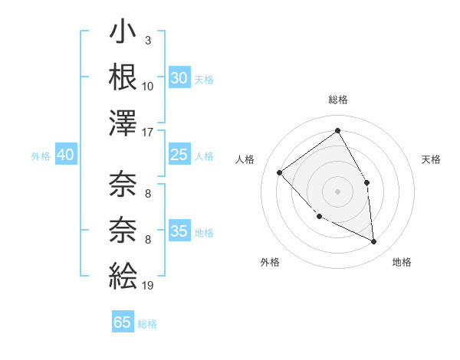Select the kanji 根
tap(123, 79)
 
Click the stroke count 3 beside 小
tap(147, 40)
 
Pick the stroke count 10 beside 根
tap(148, 87)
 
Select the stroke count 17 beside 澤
tap(148, 133)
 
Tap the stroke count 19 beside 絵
tap(148, 285)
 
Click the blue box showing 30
tap(179, 78)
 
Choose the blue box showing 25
tap(179, 155)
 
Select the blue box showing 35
tap(179, 231)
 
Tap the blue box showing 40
tap(65, 155)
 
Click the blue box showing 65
tap(123, 322)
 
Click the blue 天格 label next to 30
tap(204, 80)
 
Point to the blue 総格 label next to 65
tap(148, 324)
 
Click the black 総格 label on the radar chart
tap(337, 100)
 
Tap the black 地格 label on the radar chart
tap(402, 263)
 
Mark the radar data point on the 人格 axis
tap(280, 173)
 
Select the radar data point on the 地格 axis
tap(374, 242)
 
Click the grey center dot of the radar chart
tap(337, 191)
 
